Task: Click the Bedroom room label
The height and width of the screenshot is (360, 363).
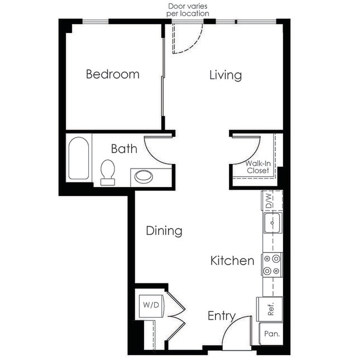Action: [112, 74]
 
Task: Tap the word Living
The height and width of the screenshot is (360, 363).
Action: [225, 75]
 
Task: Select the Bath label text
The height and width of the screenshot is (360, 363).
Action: [123, 149]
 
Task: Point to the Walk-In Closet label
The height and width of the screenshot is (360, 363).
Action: [258, 167]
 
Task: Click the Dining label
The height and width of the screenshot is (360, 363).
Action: [164, 231]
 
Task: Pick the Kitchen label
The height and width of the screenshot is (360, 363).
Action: [232, 261]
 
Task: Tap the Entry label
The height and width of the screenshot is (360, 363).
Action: [221, 316]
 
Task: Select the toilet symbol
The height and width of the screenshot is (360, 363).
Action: [107, 171]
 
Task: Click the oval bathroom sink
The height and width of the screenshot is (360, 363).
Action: [144, 177]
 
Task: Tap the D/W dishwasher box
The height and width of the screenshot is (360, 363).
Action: [269, 199]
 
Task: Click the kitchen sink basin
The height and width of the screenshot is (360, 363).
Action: [273, 224]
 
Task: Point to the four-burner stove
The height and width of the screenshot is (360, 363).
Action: [272, 265]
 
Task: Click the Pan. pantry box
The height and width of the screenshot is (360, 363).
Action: [271, 335]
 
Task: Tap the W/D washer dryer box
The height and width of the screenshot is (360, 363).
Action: [149, 306]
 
